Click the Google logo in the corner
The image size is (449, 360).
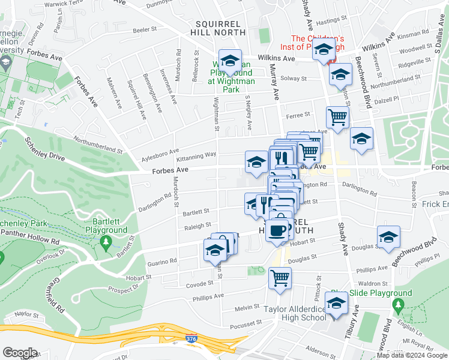point(20,353)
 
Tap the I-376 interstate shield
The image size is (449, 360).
point(191,340)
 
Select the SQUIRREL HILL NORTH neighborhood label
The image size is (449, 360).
point(220,28)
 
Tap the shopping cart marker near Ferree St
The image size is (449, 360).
point(338,117)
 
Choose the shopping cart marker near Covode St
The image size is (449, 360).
point(280,278)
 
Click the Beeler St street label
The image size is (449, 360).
point(145,29)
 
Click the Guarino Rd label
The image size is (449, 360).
point(161,262)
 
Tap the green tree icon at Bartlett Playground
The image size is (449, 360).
point(106,242)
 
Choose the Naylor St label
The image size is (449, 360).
point(26,313)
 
